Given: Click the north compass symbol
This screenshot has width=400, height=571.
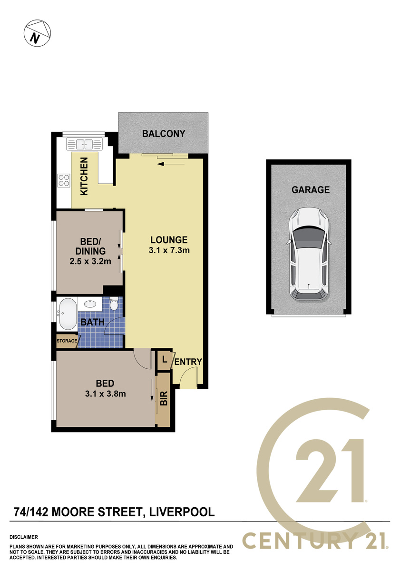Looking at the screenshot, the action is pos(37,33).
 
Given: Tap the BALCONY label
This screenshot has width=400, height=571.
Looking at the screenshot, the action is pos(164,134).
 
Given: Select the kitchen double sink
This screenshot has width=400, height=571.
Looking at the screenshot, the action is pos(84,144).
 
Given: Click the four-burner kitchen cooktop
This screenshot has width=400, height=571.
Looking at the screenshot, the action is pos(64,180).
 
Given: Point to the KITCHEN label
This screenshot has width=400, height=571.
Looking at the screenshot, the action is pos(84,177).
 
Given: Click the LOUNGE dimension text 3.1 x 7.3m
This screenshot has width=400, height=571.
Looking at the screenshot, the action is pos(169,250).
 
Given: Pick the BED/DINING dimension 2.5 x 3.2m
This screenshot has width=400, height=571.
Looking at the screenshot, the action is pos(90,261).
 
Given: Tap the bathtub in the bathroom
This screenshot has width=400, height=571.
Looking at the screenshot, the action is pos(68,314).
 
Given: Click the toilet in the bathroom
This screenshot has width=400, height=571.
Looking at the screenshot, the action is pos(114,304).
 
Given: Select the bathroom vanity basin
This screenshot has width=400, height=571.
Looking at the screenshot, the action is pos(90,304).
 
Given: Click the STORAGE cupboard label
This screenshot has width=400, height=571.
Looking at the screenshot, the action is pos(67,341).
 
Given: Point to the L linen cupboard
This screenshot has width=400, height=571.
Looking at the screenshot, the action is pos(165,360).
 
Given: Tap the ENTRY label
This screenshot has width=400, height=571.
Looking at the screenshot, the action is pos(188,362).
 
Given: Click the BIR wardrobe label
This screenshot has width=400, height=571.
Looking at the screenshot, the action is pos(164,398).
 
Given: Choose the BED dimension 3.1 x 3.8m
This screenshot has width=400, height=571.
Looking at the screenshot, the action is pos(106,394).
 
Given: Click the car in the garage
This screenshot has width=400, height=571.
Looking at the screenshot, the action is pos(309,254).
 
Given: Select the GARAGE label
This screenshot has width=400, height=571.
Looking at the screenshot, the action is pos(311,190).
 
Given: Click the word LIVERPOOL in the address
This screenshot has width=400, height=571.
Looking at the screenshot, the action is pos(182,512).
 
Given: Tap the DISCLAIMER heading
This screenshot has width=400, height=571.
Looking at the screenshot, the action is pos(24,537).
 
